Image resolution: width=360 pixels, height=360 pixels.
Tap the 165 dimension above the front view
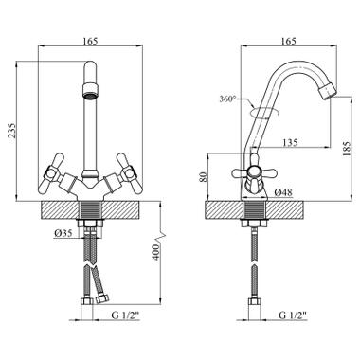(x=90, y=41)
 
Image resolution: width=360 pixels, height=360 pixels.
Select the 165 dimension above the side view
(x=288, y=41)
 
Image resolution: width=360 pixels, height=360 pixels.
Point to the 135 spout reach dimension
(x=290, y=142)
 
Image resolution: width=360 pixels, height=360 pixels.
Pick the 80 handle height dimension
(x=204, y=176)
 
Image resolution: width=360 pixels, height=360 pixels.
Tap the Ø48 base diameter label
(x=283, y=192)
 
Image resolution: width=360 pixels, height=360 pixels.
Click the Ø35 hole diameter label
(x=63, y=233)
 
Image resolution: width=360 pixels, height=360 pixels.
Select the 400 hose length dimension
(x=156, y=252)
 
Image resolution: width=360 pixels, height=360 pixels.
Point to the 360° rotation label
(x=227, y=99)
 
